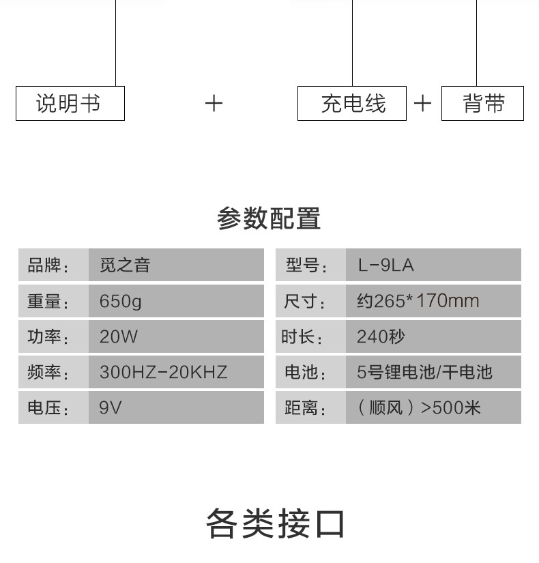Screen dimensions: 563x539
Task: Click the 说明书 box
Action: pyautogui.click(x=70, y=104)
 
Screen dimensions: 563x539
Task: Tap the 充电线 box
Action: pyautogui.click(x=352, y=104)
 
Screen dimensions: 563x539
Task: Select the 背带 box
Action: pyautogui.click(x=482, y=104)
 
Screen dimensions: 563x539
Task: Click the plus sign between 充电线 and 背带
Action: pyautogui.click(x=423, y=104)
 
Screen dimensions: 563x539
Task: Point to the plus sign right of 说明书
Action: pyautogui.click(x=214, y=104)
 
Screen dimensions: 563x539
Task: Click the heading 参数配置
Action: pyautogui.click(x=269, y=219)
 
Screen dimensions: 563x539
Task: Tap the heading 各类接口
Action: pyautogui.click(x=276, y=523)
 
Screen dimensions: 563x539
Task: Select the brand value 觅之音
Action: pyautogui.click(x=125, y=265)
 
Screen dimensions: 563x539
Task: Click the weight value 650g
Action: pyautogui.click(x=121, y=301)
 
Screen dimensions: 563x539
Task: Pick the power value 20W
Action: pyautogui.click(x=119, y=336)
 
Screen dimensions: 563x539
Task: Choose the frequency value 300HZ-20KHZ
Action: pyautogui.click(x=163, y=372)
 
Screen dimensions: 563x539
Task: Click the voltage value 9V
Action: pyautogui.click(x=111, y=408)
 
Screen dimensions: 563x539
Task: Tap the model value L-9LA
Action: pyautogui.click(x=385, y=265)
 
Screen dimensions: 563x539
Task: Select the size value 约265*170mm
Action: pyautogui.click(x=418, y=301)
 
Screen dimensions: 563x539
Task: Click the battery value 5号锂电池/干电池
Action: pyautogui.click(x=424, y=372)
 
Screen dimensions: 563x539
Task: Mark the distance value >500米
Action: pyautogui.click(x=418, y=408)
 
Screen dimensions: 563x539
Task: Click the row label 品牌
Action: pyautogui.click(x=48, y=265)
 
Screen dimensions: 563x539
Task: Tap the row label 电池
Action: pyautogui.click(x=305, y=372)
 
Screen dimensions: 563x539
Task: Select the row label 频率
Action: pyautogui.click(x=48, y=372)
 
